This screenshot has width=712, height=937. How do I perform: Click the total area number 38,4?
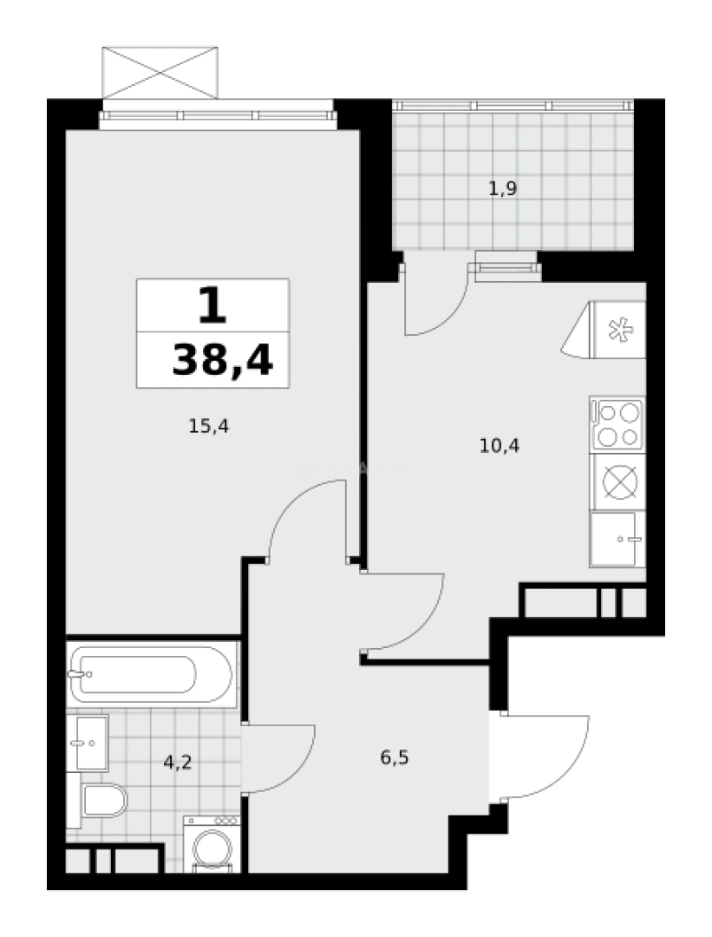(222, 358)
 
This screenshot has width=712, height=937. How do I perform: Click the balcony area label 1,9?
(503, 188)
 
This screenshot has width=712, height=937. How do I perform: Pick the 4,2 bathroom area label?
(177, 763)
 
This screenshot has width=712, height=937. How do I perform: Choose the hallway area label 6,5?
(394, 757)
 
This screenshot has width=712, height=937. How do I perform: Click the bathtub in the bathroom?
(153, 674)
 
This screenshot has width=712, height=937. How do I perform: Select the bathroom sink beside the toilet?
(90, 743)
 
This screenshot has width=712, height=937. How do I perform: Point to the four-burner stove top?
(617, 424)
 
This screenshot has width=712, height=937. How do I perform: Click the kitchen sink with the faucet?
(617, 539)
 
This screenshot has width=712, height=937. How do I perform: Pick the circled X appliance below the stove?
(617, 482)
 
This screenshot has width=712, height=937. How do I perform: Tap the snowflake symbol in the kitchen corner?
(619, 331)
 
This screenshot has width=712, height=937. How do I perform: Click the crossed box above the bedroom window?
(158, 70)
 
